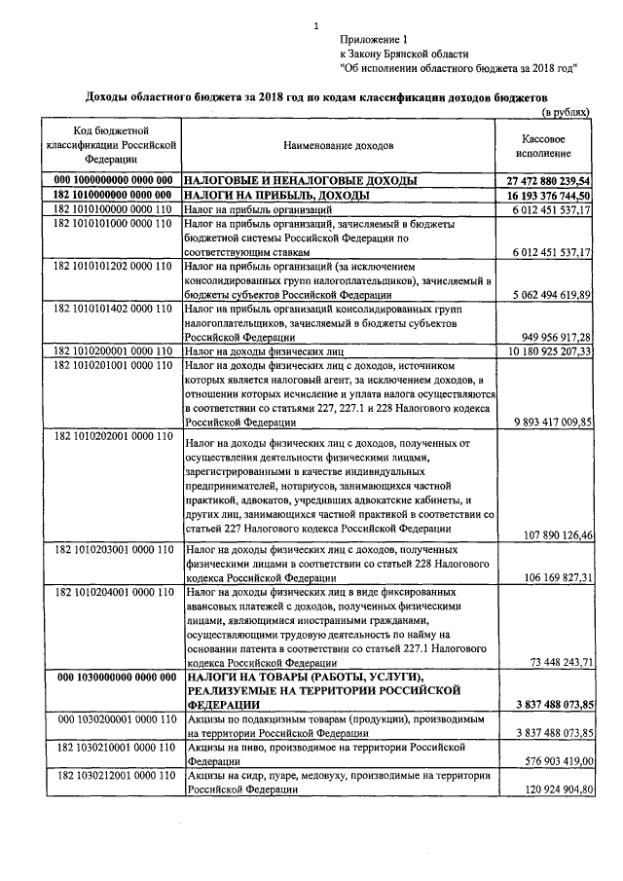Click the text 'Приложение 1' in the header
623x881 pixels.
click(375, 38)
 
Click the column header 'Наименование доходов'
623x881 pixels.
click(339, 145)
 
